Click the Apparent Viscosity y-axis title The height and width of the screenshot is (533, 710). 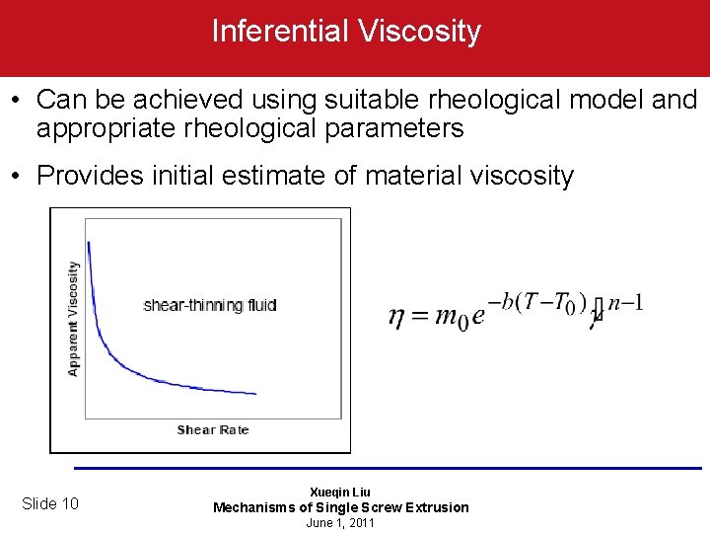(x=73, y=318)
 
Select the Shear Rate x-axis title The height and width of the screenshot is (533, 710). (x=212, y=429)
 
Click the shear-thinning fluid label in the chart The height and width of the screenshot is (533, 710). (x=209, y=305)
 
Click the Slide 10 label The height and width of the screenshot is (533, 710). (x=50, y=504)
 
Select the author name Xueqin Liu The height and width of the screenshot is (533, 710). (x=340, y=492)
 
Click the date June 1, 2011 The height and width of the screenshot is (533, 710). (x=340, y=523)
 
